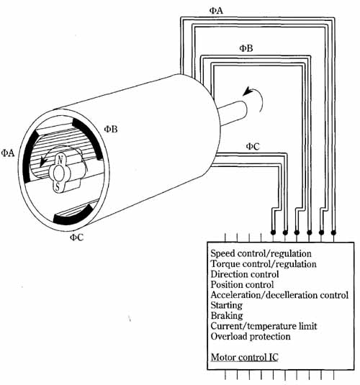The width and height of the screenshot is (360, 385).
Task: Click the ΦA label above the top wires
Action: coord(216,11)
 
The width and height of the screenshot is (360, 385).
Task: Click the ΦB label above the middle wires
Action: coord(246,48)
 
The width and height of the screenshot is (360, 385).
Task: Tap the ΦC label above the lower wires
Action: coord(253,146)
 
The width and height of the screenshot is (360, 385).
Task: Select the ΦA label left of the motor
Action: coord(8,153)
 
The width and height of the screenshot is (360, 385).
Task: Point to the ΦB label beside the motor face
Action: coord(111,129)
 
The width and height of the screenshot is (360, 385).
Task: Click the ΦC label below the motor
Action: coord(77,237)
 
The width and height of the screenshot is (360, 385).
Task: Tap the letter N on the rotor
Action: coord(60,160)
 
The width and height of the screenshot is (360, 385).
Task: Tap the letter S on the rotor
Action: coord(58,186)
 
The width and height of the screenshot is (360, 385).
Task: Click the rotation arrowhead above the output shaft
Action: coord(248,91)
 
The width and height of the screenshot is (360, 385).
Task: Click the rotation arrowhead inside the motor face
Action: coord(43,161)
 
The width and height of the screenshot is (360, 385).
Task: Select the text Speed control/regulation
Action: coord(261,253)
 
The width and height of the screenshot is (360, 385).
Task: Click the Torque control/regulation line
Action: coord(264,264)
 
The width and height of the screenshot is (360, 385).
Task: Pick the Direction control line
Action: coord(245,274)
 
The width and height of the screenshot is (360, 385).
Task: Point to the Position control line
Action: coord(242,284)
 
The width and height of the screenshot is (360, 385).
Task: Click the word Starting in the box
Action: coord(227,305)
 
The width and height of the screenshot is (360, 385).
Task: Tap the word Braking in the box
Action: coord(227,315)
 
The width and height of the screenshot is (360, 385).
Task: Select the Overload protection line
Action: coord(251,336)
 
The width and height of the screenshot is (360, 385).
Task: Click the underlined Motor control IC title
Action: coord(245,357)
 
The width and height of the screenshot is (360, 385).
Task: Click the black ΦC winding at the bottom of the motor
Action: coord(73,216)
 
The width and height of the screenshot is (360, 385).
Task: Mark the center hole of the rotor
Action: coord(59,173)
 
